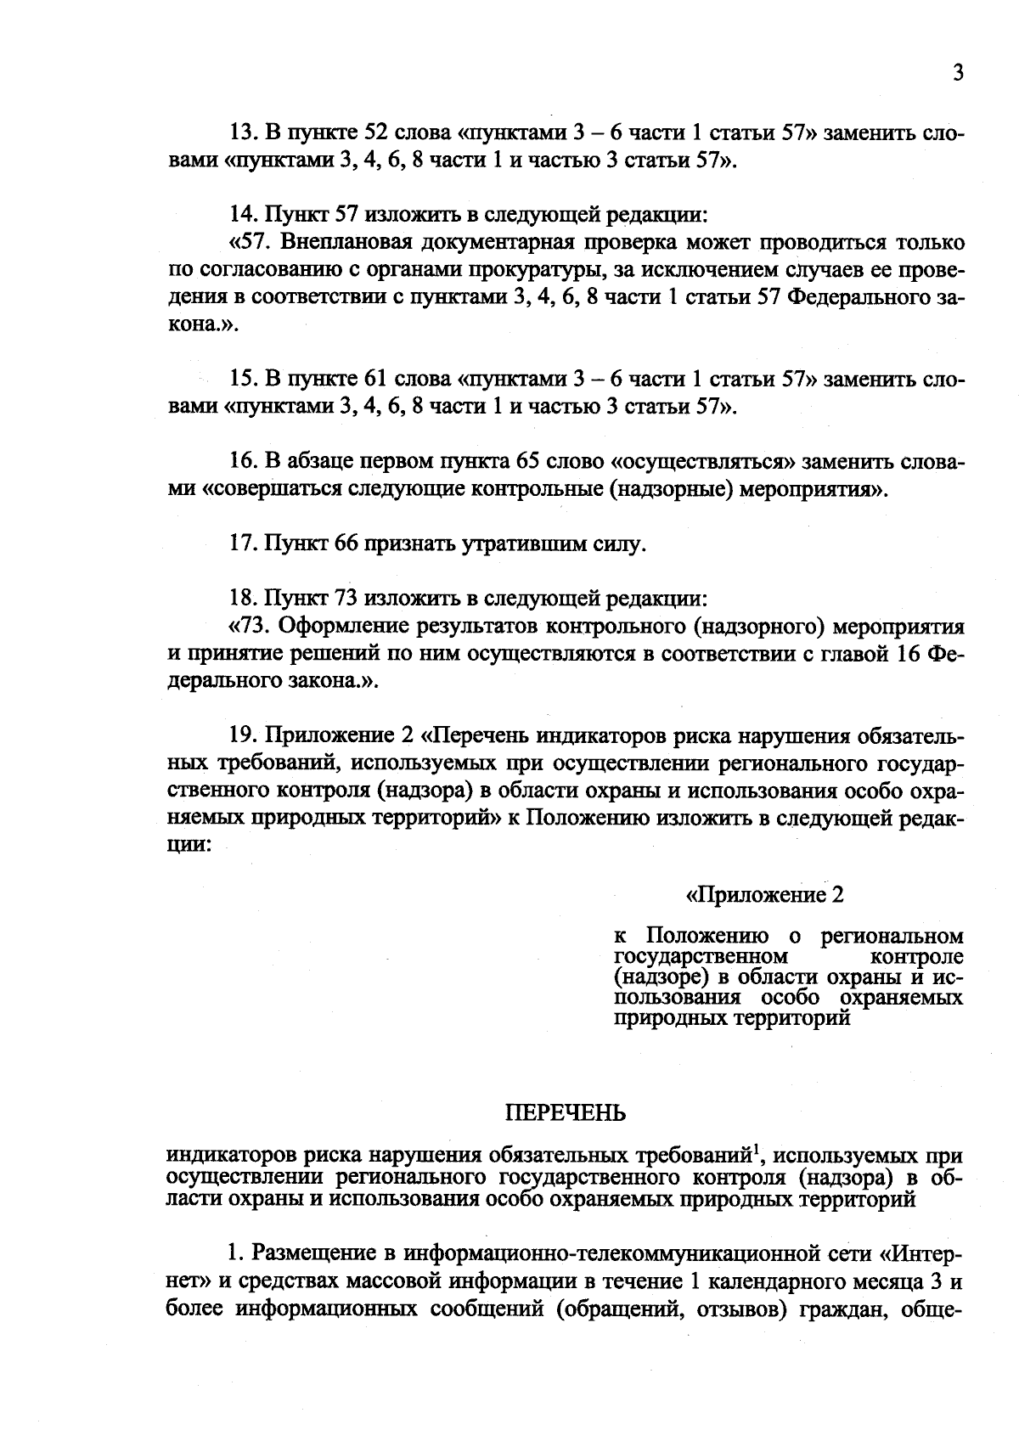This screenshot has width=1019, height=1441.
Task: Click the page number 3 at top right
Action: [x=957, y=74]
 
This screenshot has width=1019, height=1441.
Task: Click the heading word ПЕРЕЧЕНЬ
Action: [x=566, y=1112]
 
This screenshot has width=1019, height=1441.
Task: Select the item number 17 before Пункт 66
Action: [x=243, y=543]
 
